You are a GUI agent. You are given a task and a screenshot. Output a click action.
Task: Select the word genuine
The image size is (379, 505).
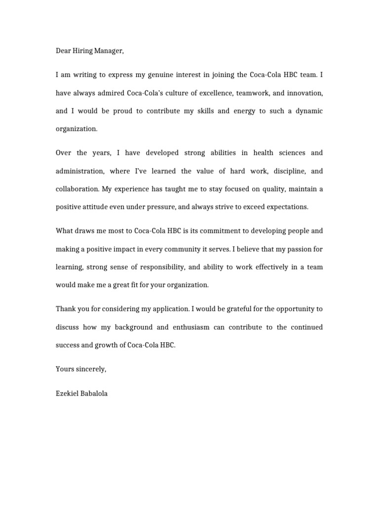181,75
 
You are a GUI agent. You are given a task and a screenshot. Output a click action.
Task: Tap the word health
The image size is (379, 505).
263,153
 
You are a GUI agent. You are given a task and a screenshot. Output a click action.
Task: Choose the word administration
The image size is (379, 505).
79,171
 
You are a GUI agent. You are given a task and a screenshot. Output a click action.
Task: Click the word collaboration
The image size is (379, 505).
79,189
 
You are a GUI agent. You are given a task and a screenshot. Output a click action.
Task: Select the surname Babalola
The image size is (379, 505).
95,393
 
